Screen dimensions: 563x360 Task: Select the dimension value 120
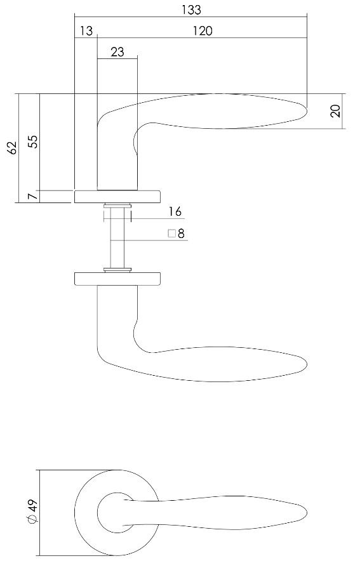pos(202,31)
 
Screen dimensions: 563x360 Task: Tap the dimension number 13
pos(86,31)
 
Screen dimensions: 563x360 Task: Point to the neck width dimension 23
pos(117,53)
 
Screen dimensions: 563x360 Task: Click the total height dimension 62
pos(11,148)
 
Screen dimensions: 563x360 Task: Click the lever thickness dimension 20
pos(337,111)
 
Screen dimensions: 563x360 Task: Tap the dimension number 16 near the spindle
pos(175,211)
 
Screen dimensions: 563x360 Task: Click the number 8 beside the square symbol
pos(181,234)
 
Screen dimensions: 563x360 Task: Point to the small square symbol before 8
pos(171,234)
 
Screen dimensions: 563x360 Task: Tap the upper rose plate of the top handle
pos(117,196)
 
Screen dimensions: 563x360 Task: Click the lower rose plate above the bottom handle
pos(117,279)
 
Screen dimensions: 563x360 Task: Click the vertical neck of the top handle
pos(117,152)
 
